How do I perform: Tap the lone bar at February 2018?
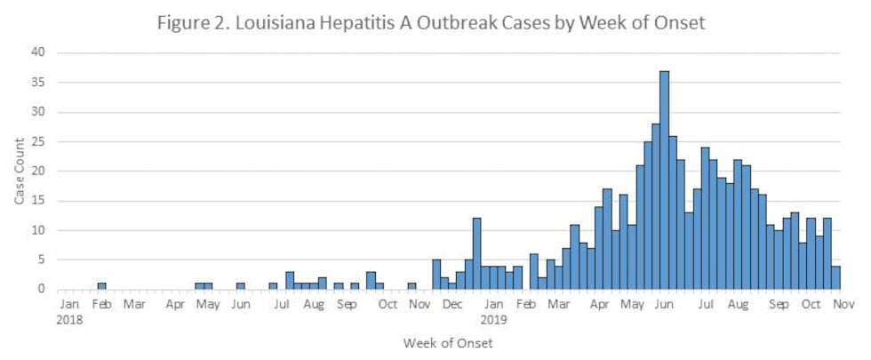point(102,286)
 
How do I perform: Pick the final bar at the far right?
point(835,277)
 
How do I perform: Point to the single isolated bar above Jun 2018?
point(241,286)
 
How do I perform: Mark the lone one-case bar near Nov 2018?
point(412,286)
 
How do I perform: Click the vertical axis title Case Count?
point(20,171)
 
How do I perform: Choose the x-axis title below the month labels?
point(447,342)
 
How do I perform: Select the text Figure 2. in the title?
point(194,23)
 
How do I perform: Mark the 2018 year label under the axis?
point(70,317)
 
